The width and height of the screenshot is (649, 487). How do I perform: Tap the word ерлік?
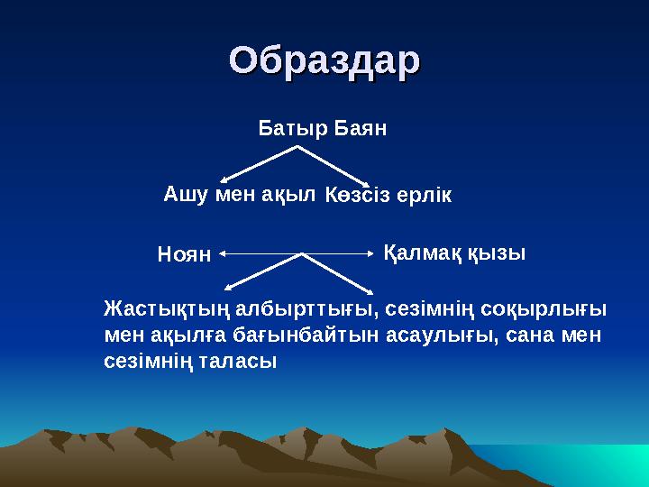click(421, 195)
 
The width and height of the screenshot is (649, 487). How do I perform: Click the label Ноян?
click(183, 255)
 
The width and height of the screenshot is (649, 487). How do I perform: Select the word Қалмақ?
click(421, 253)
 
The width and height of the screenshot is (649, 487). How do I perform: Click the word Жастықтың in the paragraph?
click(160, 310)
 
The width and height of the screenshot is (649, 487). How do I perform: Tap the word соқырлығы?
click(547, 310)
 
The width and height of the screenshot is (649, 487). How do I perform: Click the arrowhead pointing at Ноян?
click(222, 253)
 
